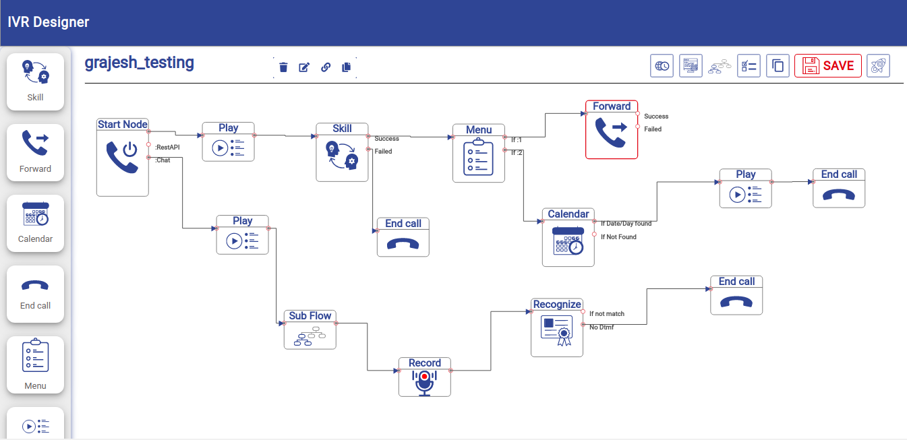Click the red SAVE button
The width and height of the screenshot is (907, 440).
click(x=827, y=65)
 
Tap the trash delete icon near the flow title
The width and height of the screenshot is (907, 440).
click(x=284, y=67)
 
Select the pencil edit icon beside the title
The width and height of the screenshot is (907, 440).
click(x=304, y=67)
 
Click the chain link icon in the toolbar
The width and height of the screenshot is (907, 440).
click(x=326, y=67)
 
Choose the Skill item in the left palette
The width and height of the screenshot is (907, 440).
click(x=35, y=82)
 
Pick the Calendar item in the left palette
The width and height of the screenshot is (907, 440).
click(x=35, y=223)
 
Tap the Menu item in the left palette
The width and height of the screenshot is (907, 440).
click(x=35, y=365)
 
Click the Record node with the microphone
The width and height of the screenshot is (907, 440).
click(x=425, y=377)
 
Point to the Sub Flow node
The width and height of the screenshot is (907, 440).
click(x=310, y=330)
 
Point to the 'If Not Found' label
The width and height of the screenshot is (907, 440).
click(x=618, y=237)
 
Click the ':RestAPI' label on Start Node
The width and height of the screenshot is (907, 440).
click(x=167, y=147)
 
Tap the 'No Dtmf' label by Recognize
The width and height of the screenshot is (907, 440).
click(x=602, y=327)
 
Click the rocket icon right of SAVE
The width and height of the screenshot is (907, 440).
click(x=878, y=65)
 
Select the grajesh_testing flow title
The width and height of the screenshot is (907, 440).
click(x=140, y=63)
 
